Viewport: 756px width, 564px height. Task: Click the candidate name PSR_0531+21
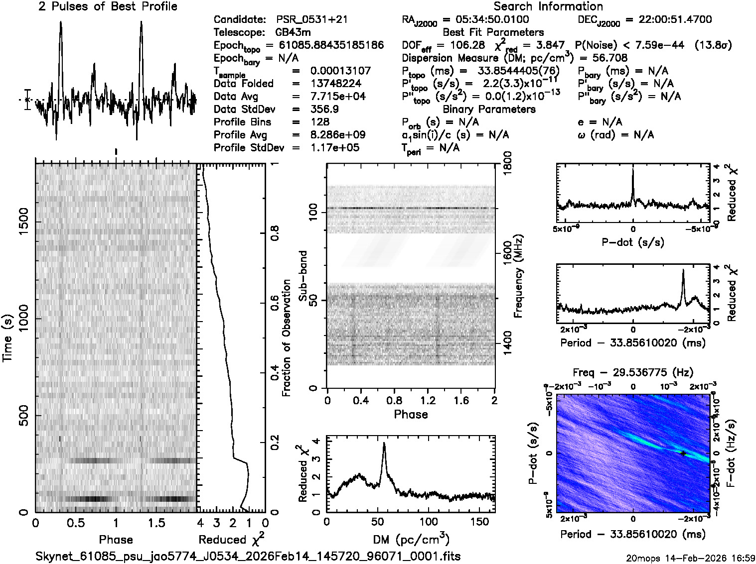coord(311,19)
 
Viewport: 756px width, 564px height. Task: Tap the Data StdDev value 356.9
coord(324,109)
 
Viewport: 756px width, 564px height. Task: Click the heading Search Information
coord(548,6)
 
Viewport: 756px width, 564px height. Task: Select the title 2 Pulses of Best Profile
coord(108,6)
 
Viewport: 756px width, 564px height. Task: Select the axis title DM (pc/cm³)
coord(411,540)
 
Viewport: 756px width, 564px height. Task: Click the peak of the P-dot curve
coord(633,169)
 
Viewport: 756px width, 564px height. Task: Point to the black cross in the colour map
coord(683,453)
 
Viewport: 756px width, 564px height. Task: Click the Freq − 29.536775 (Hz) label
coord(633,372)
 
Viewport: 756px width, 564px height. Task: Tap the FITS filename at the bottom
coord(248,556)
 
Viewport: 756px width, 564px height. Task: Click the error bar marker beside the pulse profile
coord(27,100)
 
